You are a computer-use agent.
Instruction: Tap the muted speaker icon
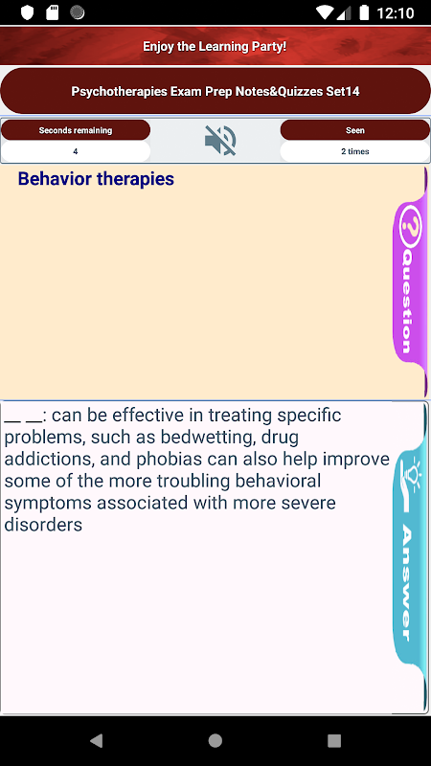pos(220,141)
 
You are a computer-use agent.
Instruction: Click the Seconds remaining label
pos(76,130)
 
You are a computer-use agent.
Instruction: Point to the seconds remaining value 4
pos(76,151)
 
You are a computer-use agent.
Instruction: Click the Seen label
pos(355,130)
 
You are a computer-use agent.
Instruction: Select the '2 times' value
pos(355,151)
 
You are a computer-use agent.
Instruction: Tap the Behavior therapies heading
pos(96,179)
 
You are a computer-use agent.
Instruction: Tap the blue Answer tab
pos(409,557)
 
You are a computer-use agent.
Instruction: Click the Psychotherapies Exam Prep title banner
pos(215,91)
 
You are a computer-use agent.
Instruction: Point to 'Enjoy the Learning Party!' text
pos(215,47)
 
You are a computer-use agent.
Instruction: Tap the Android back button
pos(97,740)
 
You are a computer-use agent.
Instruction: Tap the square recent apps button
pos(334,740)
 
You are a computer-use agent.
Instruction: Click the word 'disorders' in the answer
pos(43,525)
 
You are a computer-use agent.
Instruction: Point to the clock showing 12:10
pos(395,12)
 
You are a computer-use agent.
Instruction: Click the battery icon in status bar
pos(364,12)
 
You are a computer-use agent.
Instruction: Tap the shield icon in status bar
pos(27,12)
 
